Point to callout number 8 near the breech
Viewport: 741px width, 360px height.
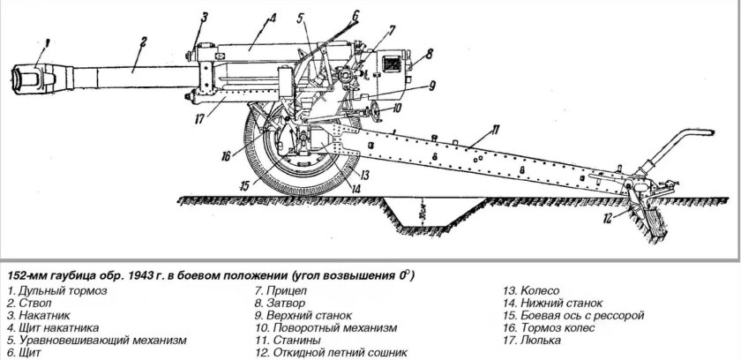pos(430,54)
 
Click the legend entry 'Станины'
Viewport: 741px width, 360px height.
pos(284,340)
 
